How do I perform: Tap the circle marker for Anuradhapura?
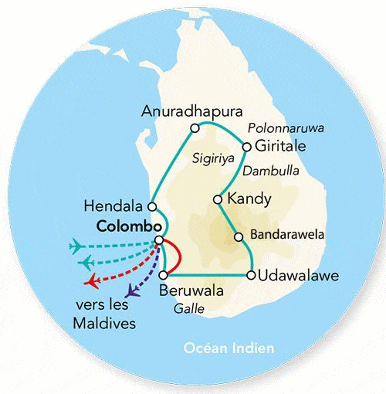[195, 127]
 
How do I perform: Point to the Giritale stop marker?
[246, 146]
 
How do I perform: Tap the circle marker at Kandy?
[218, 199]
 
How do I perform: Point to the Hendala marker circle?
[152, 206]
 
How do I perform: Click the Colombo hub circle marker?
[159, 240]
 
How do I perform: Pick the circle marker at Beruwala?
[163, 275]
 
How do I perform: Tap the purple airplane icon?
[133, 292]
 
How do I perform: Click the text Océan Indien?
[229, 348]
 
